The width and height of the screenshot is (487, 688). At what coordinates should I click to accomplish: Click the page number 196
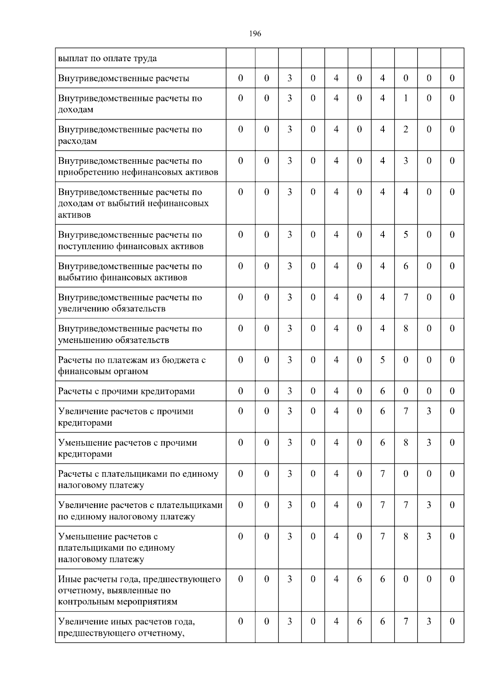255,34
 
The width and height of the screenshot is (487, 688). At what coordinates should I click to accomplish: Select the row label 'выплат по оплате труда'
107,58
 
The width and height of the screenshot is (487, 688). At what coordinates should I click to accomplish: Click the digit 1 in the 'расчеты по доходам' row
405,98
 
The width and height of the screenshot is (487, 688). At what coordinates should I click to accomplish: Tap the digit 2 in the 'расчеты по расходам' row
405,129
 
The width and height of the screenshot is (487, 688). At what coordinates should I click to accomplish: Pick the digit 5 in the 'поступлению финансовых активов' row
405,235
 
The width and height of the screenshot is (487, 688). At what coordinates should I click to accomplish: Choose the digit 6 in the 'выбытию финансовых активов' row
405,266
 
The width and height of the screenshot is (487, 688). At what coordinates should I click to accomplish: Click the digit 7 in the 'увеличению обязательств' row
405,297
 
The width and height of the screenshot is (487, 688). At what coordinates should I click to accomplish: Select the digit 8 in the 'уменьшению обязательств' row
405,328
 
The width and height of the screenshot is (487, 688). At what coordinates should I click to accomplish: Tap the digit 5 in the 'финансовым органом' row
382,360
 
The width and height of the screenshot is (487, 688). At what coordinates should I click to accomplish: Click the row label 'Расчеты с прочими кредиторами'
126,391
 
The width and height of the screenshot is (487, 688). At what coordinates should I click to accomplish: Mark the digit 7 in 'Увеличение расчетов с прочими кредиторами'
405,411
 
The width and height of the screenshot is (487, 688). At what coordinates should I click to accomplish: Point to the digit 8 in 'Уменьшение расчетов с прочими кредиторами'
405,443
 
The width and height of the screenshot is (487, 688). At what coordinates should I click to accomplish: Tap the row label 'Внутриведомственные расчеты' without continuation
123,78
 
